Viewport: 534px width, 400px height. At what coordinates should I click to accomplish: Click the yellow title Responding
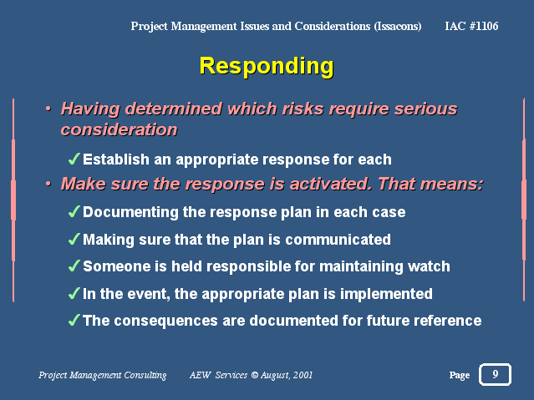click(267, 67)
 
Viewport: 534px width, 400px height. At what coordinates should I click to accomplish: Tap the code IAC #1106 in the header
click(471, 26)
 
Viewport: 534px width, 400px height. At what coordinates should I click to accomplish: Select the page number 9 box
click(495, 374)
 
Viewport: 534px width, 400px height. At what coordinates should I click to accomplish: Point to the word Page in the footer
click(459, 375)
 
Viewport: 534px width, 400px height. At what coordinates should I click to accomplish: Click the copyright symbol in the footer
click(254, 375)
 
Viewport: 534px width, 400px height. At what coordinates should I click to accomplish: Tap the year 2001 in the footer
click(303, 375)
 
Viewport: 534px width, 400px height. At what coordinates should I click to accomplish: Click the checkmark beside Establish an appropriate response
click(74, 159)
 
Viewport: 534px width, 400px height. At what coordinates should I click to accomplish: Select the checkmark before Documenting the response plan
click(74, 211)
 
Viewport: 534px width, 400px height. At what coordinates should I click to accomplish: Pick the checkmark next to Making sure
click(74, 239)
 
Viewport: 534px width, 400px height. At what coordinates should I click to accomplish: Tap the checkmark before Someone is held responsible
click(74, 266)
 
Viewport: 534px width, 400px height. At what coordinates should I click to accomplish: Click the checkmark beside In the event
click(74, 293)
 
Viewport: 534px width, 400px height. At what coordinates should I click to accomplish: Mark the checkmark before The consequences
click(74, 320)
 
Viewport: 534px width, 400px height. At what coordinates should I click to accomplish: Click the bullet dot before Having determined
click(48, 109)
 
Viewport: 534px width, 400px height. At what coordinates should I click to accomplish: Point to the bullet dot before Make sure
click(48, 184)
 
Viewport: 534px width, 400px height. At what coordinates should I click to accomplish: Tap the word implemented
click(386, 294)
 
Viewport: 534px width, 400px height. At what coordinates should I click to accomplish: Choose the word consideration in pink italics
click(120, 129)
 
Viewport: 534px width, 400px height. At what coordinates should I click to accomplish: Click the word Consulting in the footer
click(145, 375)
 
